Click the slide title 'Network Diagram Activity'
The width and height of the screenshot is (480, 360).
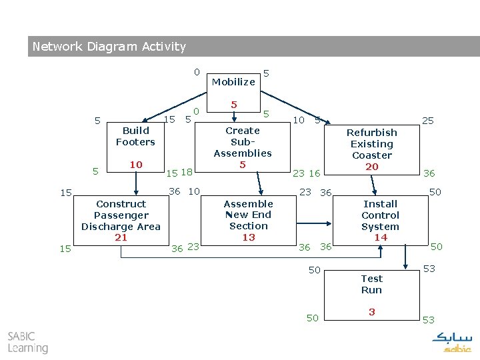(x=109, y=47)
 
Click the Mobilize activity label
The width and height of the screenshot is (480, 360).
(x=233, y=82)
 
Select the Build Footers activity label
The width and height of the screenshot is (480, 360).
(x=135, y=136)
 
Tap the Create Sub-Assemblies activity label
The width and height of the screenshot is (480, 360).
(x=243, y=142)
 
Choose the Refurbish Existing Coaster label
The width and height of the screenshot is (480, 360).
(x=372, y=143)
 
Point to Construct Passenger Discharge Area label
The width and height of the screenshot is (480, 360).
(x=121, y=215)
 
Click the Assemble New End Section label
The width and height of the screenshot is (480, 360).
(x=248, y=215)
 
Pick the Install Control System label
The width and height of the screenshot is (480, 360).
(x=380, y=215)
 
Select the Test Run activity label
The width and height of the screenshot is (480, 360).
(x=372, y=284)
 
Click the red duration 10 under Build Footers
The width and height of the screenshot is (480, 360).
(x=136, y=165)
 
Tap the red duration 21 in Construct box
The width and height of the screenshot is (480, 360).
(x=121, y=237)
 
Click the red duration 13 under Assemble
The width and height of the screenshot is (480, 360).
(x=249, y=237)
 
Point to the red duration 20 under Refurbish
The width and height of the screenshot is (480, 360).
(x=372, y=167)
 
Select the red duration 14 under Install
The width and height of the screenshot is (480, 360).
(x=381, y=237)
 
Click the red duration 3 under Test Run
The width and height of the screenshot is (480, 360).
(x=372, y=312)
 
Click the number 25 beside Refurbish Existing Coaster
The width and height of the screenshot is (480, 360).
(x=428, y=121)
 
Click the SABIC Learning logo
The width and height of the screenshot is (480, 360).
(x=28, y=341)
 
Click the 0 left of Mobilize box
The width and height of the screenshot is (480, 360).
(x=197, y=72)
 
